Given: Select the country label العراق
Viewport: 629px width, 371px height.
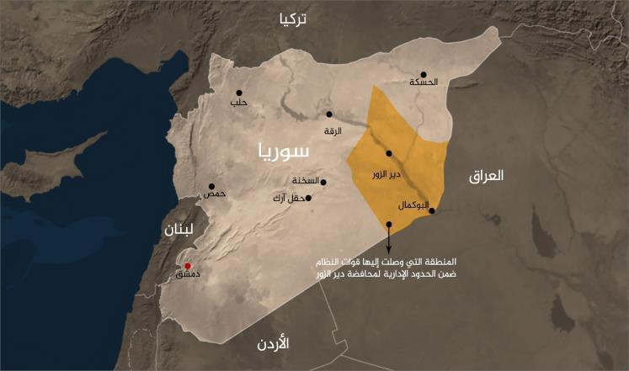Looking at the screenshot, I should [x=486, y=176].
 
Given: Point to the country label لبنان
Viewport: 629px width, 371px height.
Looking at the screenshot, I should [x=179, y=229].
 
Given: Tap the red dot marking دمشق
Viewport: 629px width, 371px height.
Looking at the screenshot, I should [x=187, y=266].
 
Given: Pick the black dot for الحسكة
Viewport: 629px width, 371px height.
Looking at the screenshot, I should [x=424, y=73].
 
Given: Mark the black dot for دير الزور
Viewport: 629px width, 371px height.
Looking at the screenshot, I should [x=388, y=153].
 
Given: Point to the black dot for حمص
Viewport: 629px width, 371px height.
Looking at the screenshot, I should [x=211, y=186].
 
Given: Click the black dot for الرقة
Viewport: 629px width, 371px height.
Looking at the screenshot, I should [x=329, y=114].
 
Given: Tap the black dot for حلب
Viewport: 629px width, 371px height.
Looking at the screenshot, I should [x=239, y=93].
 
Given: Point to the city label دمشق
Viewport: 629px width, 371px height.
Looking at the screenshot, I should [x=183, y=275].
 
